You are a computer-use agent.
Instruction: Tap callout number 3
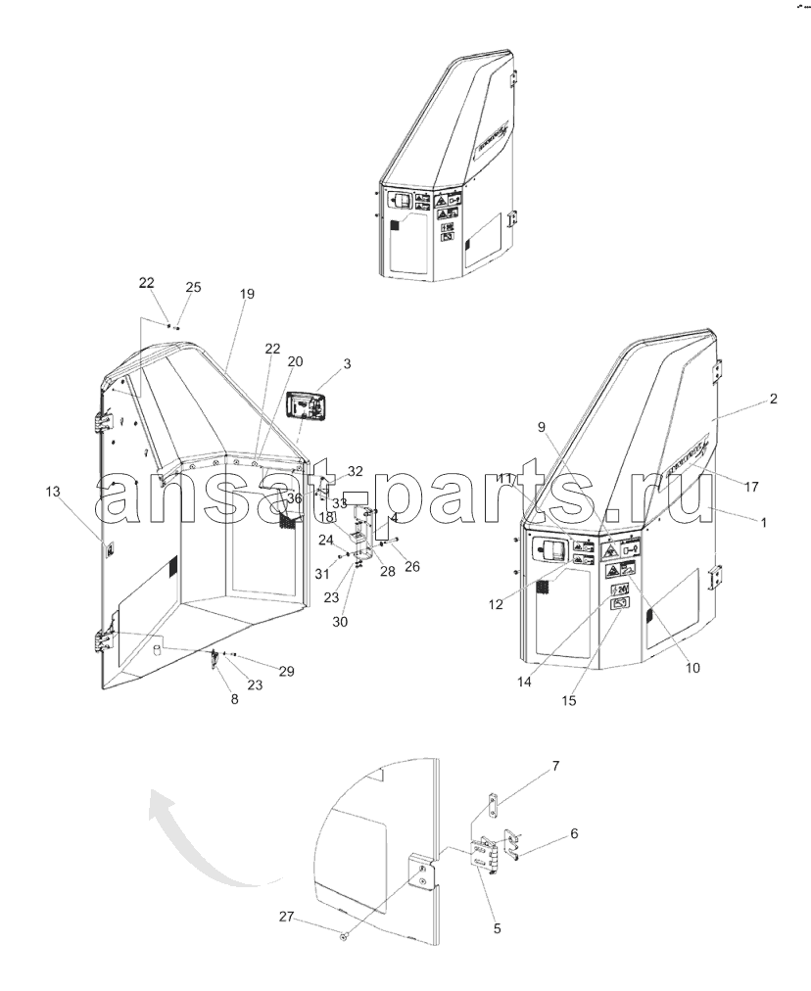click(347, 364)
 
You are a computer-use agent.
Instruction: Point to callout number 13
click(52, 492)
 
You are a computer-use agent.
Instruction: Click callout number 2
click(773, 399)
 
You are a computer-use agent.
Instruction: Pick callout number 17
click(752, 486)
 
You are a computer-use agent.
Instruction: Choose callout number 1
click(763, 523)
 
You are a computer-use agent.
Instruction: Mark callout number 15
click(569, 700)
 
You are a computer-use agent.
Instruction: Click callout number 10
click(692, 669)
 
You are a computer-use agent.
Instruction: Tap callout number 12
click(496, 604)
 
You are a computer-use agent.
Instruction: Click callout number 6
click(574, 833)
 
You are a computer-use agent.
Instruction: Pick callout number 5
click(497, 927)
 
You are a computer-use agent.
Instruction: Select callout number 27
click(286, 917)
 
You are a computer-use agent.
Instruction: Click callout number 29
click(286, 671)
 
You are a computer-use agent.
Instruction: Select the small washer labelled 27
click(344, 937)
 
